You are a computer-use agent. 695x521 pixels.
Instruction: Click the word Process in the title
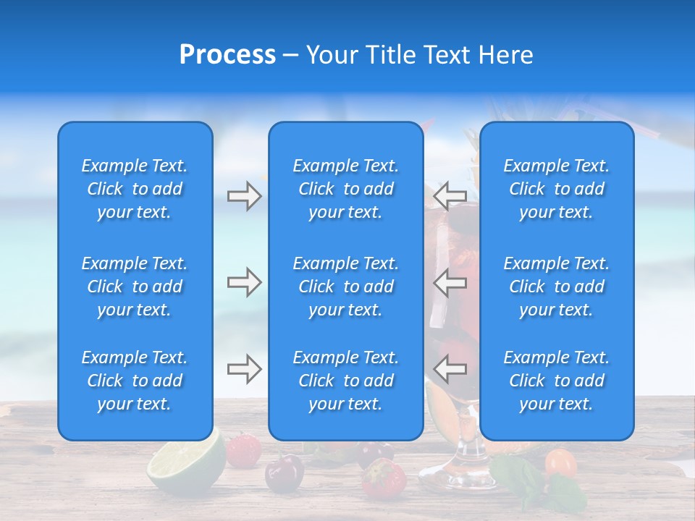[x=227, y=55]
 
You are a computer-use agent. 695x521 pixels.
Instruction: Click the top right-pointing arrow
[x=244, y=196]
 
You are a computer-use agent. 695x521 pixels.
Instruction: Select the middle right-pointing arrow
[x=244, y=282]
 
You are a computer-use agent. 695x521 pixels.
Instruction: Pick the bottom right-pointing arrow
[x=244, y=369]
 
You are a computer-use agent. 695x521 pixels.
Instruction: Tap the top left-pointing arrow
[x=450, y=196]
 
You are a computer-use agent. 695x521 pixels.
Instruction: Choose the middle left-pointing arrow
[x=450, y=282]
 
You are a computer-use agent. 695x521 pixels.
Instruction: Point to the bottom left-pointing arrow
[x=450, y=369]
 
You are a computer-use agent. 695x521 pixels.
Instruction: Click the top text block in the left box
[x=135, y=189]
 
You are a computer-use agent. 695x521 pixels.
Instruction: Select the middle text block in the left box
[x=135, y=287]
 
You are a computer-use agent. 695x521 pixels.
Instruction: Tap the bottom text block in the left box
[x=135, y=381]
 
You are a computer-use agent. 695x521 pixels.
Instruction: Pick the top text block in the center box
[x=346, y=189]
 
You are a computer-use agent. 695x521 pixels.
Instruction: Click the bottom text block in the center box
[x=346, y=381]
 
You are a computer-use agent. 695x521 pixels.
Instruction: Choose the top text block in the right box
[x=557, y=189]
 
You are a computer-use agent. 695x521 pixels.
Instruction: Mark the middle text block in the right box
[x=557, y=287]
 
